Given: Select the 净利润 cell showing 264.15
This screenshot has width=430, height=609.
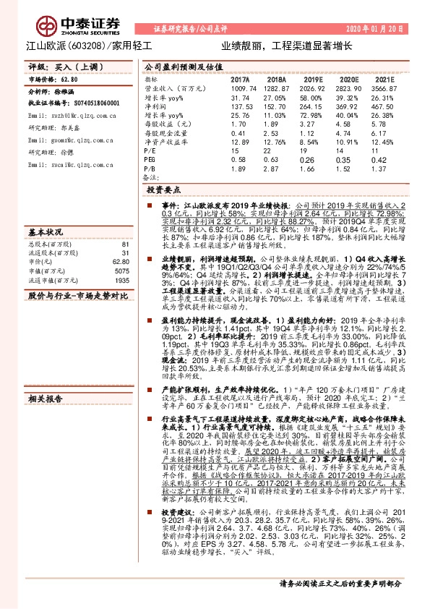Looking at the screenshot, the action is pyautogui.click(x=313, y=105).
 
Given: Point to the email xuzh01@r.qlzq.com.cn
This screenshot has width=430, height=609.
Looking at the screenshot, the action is pyautogui.click(x=62, y=115).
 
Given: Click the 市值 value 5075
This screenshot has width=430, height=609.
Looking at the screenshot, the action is pyautogui.click(x=122, y=271).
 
